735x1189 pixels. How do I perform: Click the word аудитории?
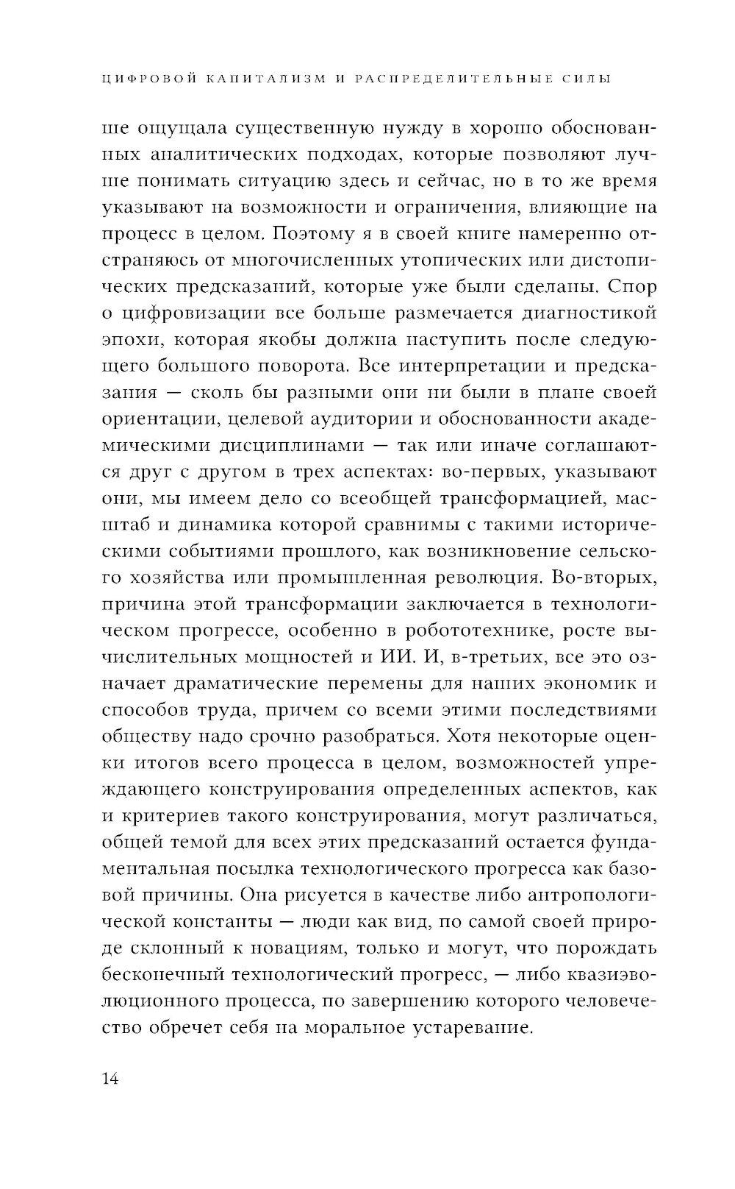[x=341, y=417]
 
